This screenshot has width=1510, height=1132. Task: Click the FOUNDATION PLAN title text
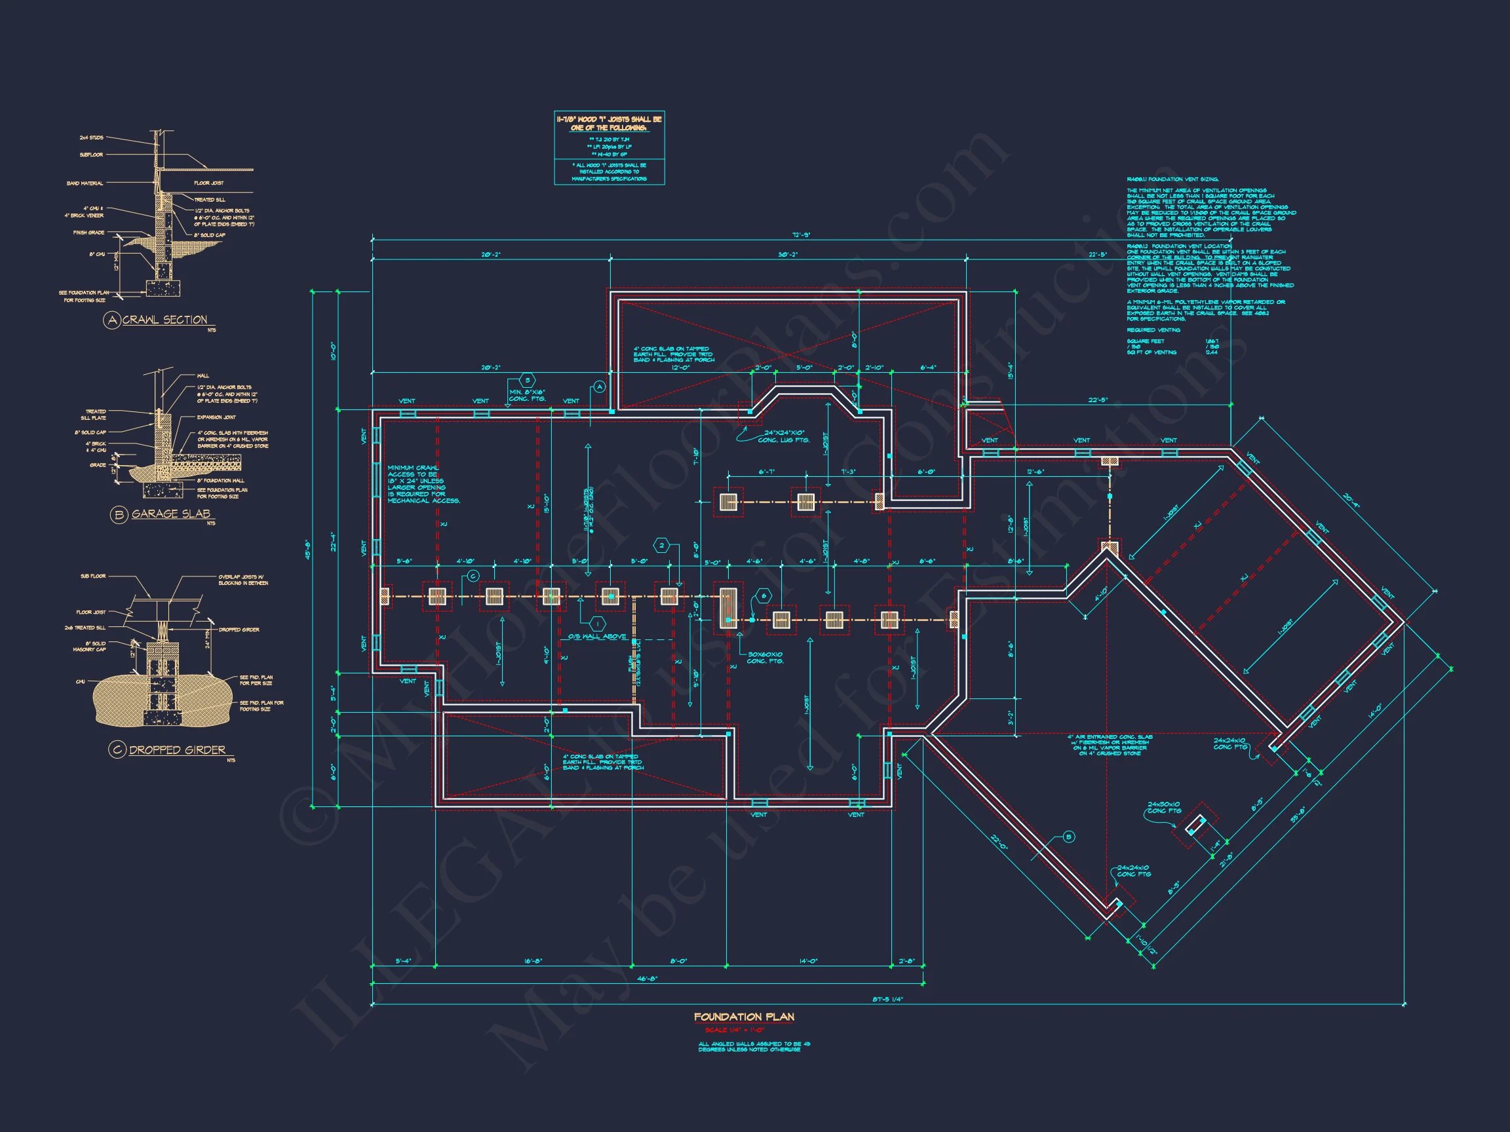click(x=744, y=1017)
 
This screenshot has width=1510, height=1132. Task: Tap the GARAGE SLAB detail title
click(x=170, y=514)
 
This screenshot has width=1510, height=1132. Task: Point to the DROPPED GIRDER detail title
click(x=177, y=750)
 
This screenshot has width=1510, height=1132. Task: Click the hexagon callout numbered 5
click(x=526, y=380)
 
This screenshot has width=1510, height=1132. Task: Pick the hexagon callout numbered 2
click(x=661, y=545)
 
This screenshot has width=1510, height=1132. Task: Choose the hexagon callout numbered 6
click(x=762, y=595)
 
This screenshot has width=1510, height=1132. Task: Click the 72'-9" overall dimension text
click(x=801, y=235)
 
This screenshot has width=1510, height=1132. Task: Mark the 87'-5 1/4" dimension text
click(x=887, y=1000)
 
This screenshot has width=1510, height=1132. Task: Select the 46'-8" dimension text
click(x=647, y=979)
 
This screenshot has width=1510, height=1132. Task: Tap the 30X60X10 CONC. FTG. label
click(x=765, y=658)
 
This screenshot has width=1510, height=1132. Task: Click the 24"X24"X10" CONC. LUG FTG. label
click(x=783, y=437)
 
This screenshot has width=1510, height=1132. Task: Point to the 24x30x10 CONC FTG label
click(x=1165, y=807)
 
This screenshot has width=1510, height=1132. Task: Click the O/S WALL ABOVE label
click(x=597, y=637)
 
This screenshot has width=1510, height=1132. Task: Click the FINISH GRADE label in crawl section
click(x=88, y=233)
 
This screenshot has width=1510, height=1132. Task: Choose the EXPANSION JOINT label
click(x=216, y=417)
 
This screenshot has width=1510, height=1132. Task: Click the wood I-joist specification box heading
click(x=609, y=124)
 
